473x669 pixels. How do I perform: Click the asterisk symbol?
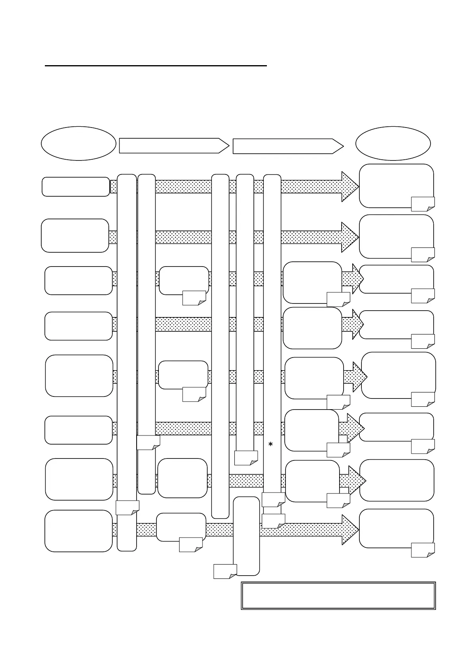tap(270, 445)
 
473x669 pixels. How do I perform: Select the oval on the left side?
tap(78, 143)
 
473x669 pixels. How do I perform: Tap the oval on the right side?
tap(393, 143)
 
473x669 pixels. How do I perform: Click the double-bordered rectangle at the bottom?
tap(338, 596)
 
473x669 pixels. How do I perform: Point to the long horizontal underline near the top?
tap(156, 66)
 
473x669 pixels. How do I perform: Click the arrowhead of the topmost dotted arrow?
tap(350, 187)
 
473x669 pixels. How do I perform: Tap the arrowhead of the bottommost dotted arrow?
tap(350, 530)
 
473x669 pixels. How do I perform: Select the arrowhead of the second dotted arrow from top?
tap(350, 237)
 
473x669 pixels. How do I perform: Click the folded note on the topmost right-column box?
tap(423, 204)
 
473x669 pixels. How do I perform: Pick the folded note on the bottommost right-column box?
tap(423, 550)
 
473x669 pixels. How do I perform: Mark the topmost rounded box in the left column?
tap(75, 187)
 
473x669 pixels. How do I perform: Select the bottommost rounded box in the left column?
tap(79, 531)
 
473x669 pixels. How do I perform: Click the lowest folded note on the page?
tap(225, 571)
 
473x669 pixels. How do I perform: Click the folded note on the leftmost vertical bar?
tap(127, 508)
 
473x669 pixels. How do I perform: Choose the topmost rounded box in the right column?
tap(396, 185)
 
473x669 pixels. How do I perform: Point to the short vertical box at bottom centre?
tap(246, 536)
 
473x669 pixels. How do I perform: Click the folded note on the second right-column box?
tap(423, 255)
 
